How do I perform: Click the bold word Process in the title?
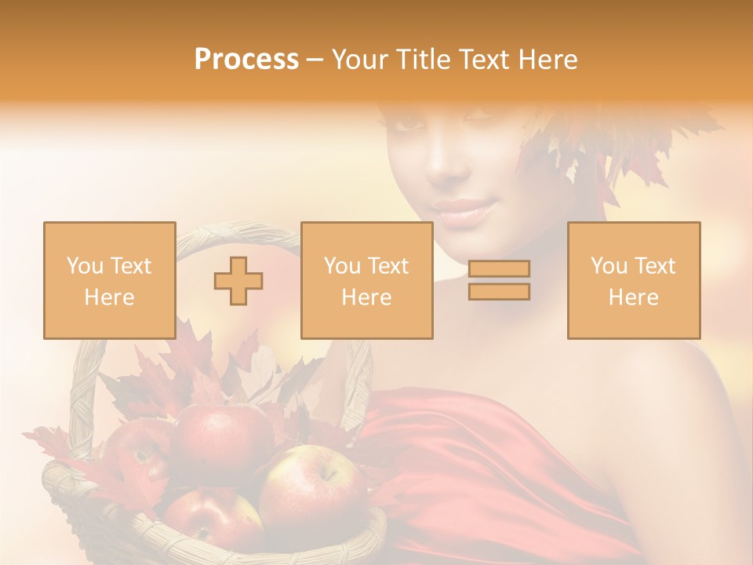pyautogui.click(x=246, y=60)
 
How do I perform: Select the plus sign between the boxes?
pyautogui.click(x=238, y=281)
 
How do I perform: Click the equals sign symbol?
pyautogui.click(x=499, y=280)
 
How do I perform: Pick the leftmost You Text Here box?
pyautogui.click(x=109, y=280)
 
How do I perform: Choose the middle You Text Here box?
pyautogui.click(x=366, y=280)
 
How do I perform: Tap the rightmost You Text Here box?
pyautogui.click(x=633, y=280)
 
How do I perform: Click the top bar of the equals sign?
pyautogui.click(x=499, y=269)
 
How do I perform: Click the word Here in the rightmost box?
pyautogui.click(x=633, y=297)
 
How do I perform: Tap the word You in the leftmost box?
pyautogui.click(x=83, y=266)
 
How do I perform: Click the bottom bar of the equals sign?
pyautogui.click(x=499, y=292)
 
